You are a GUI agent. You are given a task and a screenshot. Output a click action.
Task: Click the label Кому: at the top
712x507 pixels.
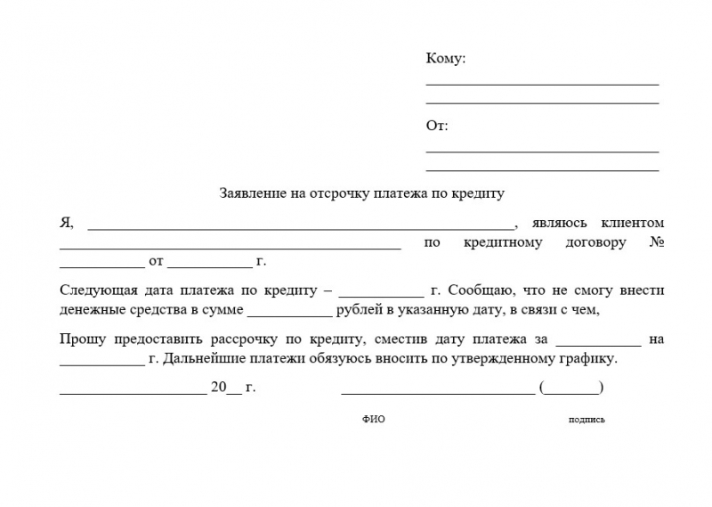(445, 59)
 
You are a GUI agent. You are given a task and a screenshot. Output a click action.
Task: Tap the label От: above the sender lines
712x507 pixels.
(437, 126)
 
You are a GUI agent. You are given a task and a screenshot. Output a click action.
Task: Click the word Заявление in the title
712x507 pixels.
(252, 192)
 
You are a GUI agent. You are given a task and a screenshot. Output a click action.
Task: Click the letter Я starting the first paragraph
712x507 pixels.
(65, 223)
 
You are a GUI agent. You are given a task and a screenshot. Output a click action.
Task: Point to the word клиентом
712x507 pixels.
(633, 223)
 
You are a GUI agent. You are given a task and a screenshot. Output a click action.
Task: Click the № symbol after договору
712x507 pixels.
(657, 241)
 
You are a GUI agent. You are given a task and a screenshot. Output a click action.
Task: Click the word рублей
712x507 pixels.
(357, 310)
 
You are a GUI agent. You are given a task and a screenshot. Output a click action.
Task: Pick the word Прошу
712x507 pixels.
(78, 339)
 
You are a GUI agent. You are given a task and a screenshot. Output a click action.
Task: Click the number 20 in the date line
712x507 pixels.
(218, 387)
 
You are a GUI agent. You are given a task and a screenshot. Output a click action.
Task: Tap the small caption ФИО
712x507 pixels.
(374, 420)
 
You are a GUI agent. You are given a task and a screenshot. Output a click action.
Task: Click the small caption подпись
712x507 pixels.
(586, 420)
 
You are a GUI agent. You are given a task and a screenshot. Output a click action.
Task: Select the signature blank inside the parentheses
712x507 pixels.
(571, 389)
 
